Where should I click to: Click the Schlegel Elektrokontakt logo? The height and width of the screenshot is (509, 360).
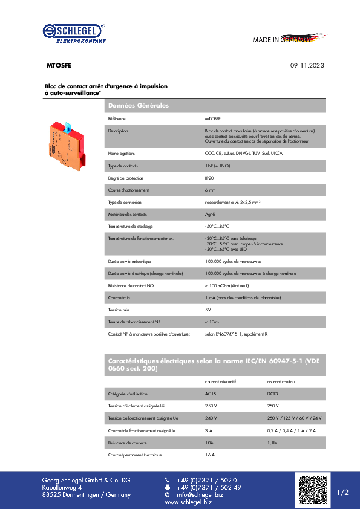tap(74, 33)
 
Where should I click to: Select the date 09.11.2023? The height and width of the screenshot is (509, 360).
tap(307, 65)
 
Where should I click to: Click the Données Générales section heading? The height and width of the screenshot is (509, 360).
tap(138, 106)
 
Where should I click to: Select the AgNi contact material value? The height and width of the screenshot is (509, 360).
tap(211, 214)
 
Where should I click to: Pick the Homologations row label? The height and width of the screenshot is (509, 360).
tap(121, 154)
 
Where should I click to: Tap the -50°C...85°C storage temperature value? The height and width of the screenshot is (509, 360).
tap(217, 225)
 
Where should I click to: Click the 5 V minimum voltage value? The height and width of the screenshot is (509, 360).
tap(208, 309)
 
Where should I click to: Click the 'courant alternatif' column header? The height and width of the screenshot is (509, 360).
tap(221, 381)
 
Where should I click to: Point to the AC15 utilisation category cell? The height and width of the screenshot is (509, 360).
tap(211, 394)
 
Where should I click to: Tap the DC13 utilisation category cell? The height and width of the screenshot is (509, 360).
tap(273, 394)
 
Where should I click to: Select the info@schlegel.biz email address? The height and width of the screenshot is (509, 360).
tap(200, 494)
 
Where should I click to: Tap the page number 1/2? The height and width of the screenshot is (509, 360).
tap(342, 493)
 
